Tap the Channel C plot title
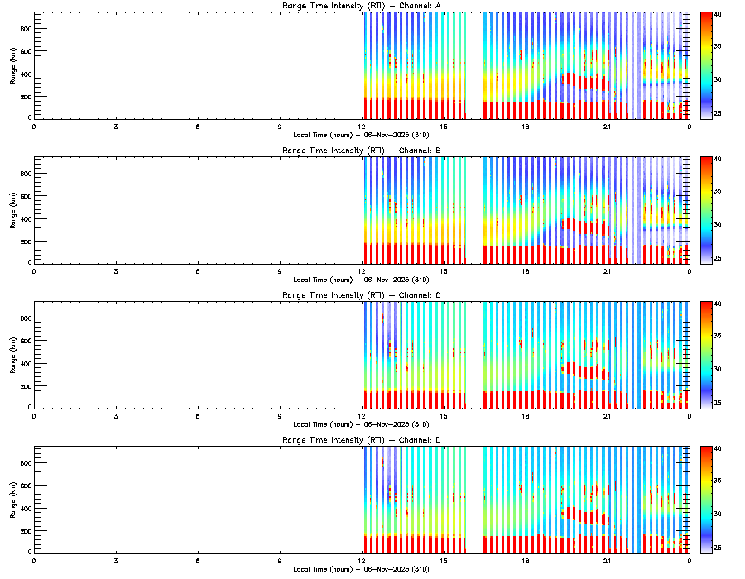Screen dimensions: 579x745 click(361, 295)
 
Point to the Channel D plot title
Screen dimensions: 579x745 click(361, 440)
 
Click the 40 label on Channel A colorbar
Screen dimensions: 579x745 click(719, 15)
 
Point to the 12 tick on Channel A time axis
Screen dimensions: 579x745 click(362, 127)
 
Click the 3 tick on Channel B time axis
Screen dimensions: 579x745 click(116, 271)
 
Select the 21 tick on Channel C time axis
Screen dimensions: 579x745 click(607, 415)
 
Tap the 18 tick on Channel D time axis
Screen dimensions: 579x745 click(525, 560)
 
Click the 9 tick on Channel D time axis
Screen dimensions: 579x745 click(280, 560)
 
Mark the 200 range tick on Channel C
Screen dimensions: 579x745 click(25, 386)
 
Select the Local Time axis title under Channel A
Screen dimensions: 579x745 click(361, 134)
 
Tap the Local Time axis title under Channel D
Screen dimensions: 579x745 click(361, 568)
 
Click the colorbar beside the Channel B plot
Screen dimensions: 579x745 click(706, 210)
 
